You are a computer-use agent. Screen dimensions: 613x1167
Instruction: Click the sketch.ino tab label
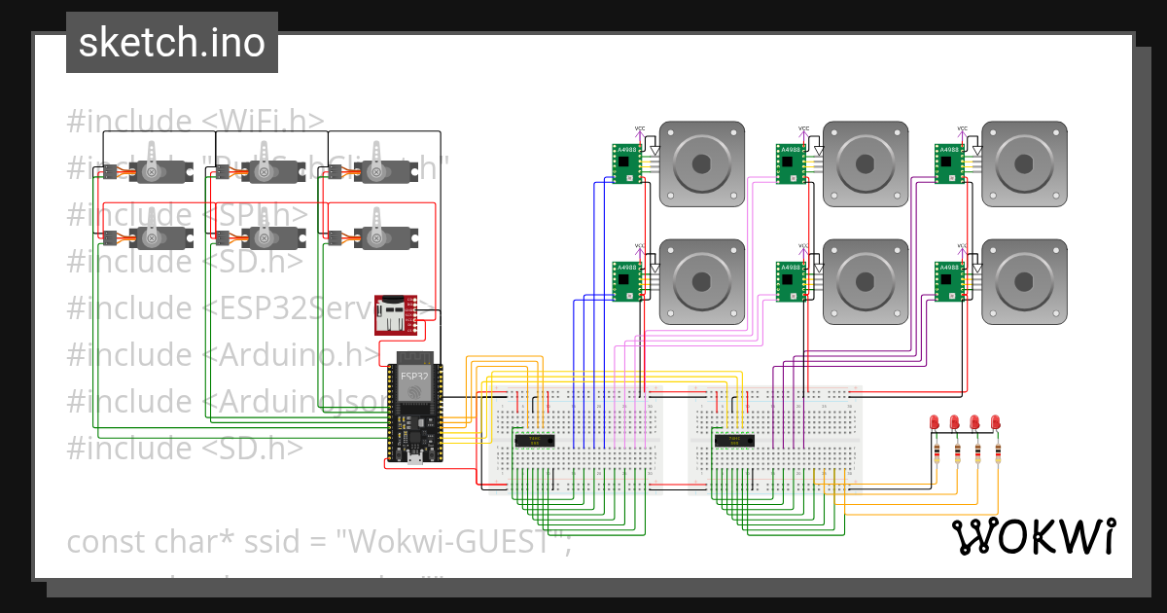coord(171,43)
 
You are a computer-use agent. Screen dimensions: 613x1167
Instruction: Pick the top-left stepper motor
coord(701,163)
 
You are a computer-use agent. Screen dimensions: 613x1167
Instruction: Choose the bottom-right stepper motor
coord(1023,281)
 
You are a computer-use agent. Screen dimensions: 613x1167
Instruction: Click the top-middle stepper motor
coord(865,163)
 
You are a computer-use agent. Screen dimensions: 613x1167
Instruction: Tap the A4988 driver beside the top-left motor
coord(626,162)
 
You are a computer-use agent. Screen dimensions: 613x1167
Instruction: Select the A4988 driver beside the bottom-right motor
coord(949,280)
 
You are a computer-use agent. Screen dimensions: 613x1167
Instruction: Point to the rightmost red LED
coord(995,422)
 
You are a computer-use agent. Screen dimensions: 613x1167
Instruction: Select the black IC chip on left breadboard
coord(534,441)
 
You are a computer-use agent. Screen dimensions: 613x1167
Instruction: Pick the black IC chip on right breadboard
coord(734,441)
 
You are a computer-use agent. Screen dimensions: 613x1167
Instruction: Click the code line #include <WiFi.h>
coord(195,122)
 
